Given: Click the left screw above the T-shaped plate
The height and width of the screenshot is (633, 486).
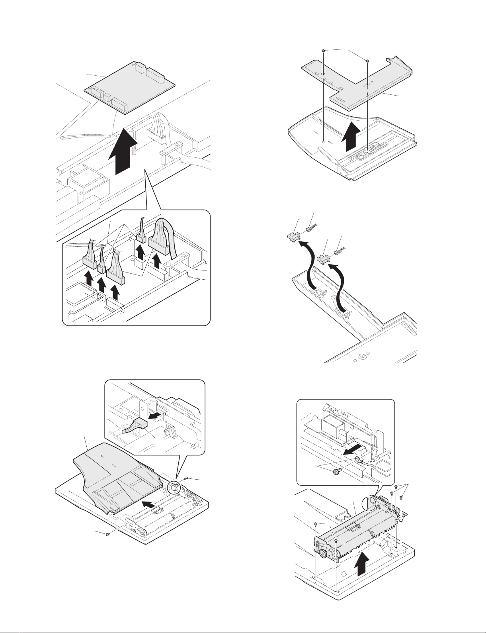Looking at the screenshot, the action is coord(324,51).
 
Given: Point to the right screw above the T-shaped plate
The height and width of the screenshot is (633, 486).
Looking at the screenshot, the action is coord(367,61).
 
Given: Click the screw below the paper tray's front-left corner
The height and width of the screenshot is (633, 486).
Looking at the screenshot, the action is coord(107,535).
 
